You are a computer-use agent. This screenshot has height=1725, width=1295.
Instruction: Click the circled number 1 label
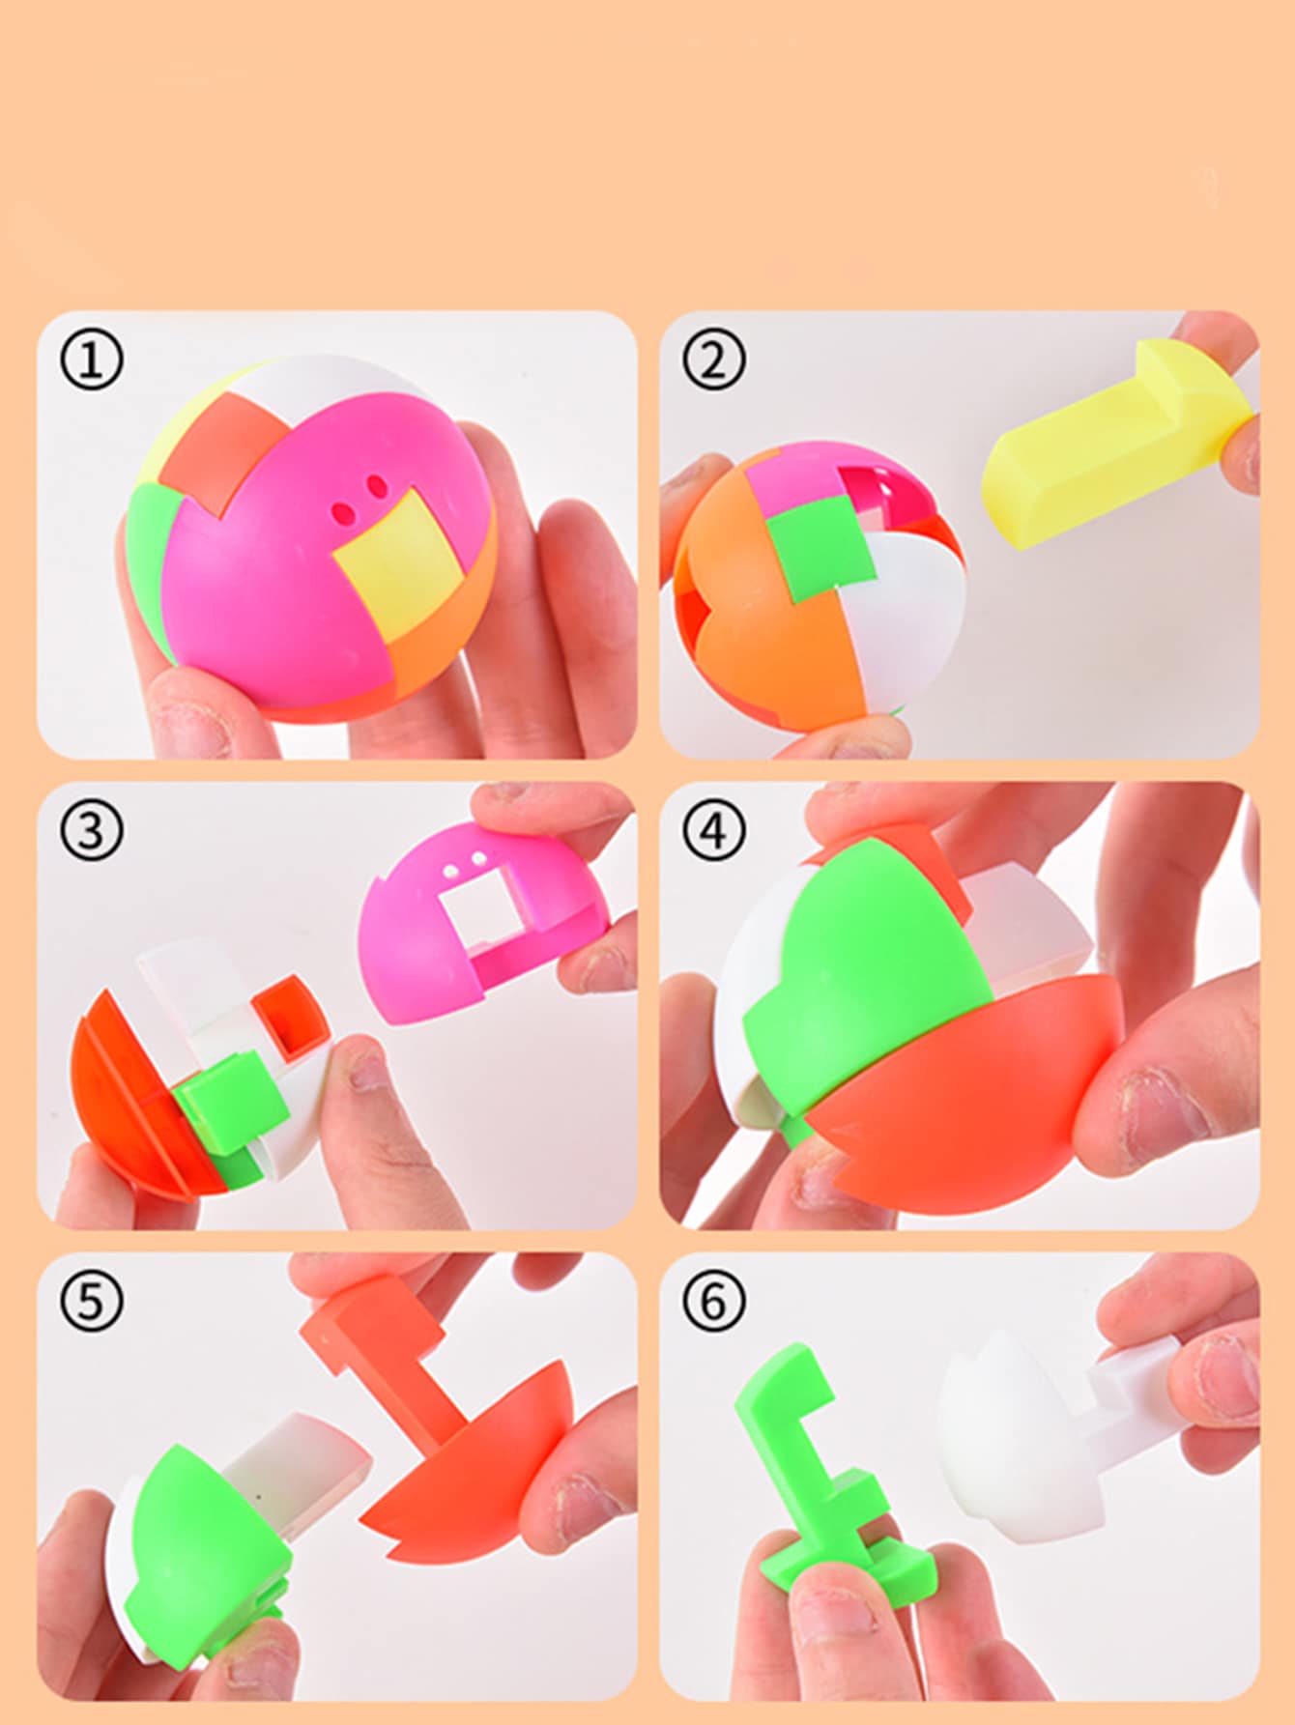point(92,360)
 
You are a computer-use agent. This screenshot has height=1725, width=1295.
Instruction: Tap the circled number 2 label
point(714,360)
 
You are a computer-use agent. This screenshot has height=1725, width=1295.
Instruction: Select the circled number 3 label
point(92,830)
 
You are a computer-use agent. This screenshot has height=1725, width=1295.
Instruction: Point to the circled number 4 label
point(714,830)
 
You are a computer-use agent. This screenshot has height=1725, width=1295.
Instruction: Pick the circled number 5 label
point(92,1301)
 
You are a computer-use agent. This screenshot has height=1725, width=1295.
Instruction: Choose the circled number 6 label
point(714,1301)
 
